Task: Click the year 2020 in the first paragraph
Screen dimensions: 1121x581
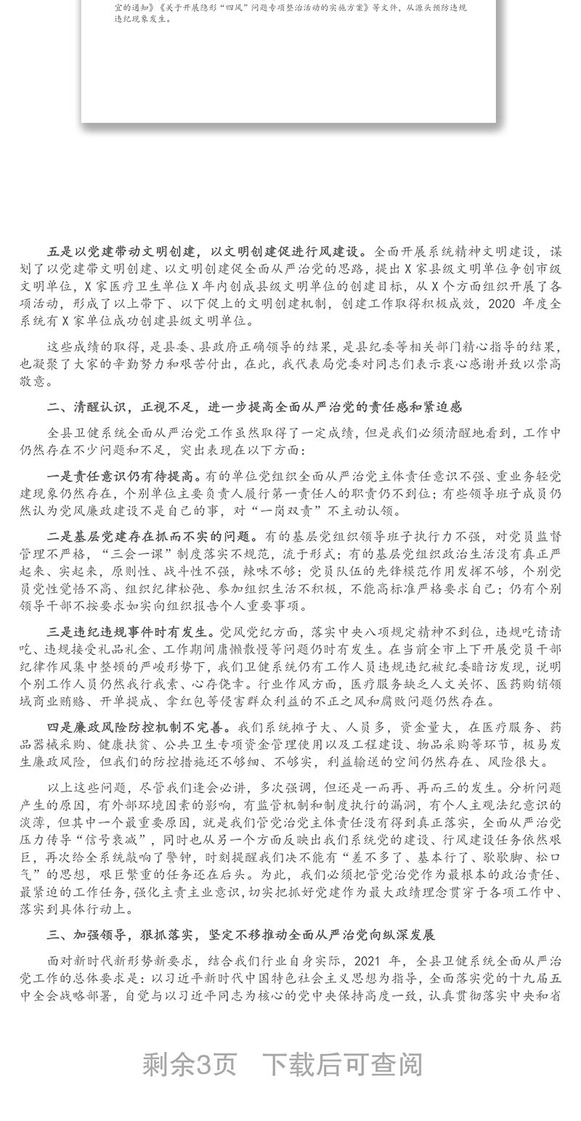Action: pyautogui.click(x=506, y=303)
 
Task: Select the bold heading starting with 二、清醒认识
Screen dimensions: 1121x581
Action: pyautogui.click(x=254, y=407)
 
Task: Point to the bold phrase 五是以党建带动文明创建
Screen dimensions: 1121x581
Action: pyautogui.click(x=123, y=252)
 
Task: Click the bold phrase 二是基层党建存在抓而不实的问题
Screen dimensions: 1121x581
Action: pyautogui.click(x=152, y=537)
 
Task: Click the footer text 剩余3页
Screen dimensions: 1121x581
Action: pyautogui.click(x=189, y=1064)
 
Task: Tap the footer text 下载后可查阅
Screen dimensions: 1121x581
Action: pyautogui.click(x=341, y=1064)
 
